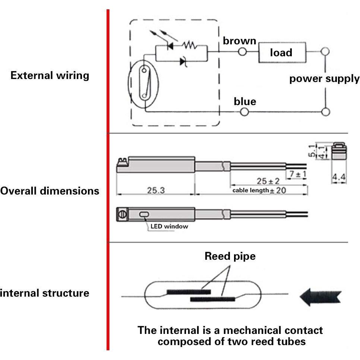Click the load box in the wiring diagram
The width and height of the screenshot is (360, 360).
coord(282,53)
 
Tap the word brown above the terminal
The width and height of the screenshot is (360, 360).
coord(239,41)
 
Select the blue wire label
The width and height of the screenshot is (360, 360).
coord(245,101)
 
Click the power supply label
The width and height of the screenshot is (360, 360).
coord(324,79)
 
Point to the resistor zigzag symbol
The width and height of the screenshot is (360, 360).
coord(188,45)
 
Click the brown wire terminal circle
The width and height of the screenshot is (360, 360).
coord(243,52)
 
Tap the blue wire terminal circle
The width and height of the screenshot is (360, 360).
coord(244,111)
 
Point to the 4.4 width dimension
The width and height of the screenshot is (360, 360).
coord(339,178)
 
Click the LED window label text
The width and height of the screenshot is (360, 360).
coord(169,226)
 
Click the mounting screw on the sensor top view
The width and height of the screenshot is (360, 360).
coord(122,214)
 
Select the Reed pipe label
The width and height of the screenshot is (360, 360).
coord(230,256)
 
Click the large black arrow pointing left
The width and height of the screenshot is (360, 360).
coord(320,297)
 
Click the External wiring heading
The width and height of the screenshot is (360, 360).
coord(50,76)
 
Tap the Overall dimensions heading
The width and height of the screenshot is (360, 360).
coord(50,191)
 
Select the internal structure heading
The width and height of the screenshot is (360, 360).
coord(44,293)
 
